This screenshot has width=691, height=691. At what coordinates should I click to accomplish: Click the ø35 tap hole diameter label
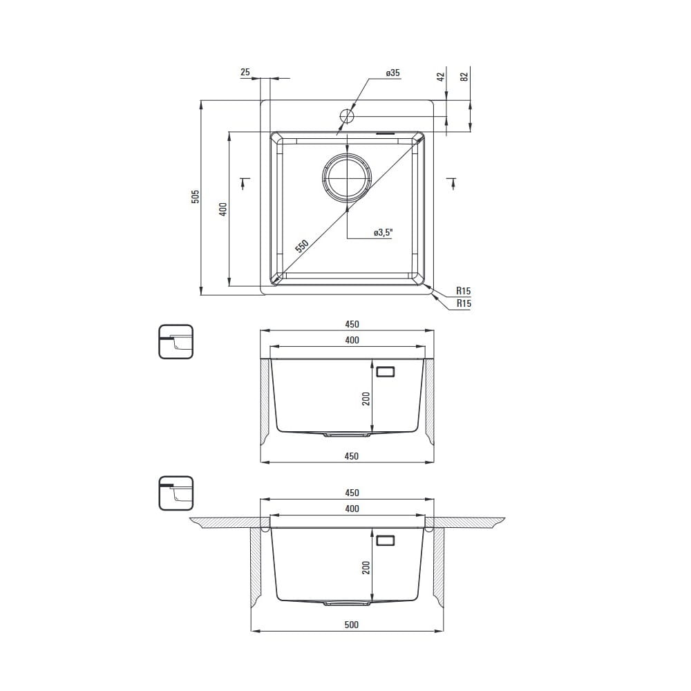point(392,73)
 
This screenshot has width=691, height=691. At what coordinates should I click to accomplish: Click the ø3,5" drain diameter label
point(383,232)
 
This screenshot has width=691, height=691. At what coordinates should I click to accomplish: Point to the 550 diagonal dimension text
point(302,246)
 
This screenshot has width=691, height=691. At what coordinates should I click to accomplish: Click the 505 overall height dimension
point(196,196)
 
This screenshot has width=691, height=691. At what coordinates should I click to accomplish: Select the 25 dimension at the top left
point(245,72)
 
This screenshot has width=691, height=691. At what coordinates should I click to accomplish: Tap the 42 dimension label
point(441,77)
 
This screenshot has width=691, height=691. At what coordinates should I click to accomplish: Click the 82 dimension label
point(464,77)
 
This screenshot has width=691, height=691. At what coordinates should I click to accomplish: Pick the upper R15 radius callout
point(463,290)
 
